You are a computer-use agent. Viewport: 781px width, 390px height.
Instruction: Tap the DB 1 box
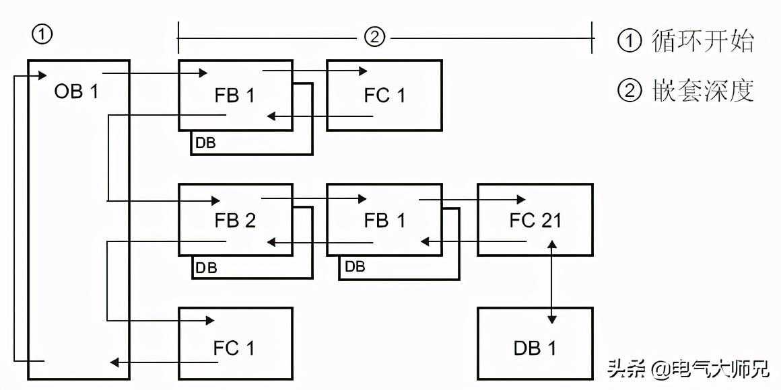coord(535,348)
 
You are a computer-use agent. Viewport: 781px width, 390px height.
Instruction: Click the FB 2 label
coord(234,221)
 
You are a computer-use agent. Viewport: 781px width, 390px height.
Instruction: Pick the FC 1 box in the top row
coord(384,95)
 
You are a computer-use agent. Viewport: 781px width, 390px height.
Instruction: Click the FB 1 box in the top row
coord(235,95)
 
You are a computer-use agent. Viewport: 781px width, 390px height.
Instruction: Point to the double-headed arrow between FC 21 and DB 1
coord(553,282)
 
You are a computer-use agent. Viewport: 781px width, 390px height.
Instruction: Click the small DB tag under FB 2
coord(205,267)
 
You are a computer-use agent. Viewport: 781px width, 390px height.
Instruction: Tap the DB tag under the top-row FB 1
coord(205,143)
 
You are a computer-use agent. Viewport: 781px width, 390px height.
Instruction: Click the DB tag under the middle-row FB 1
coord(355,267)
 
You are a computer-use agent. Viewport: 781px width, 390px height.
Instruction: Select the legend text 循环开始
coord(702,42)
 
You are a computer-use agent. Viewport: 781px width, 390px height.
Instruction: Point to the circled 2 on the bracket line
coord(374,37)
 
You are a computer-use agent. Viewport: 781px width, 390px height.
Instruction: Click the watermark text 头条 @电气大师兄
coord(688,368)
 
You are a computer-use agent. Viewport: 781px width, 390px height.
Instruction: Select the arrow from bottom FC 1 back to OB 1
coord(165,363)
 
